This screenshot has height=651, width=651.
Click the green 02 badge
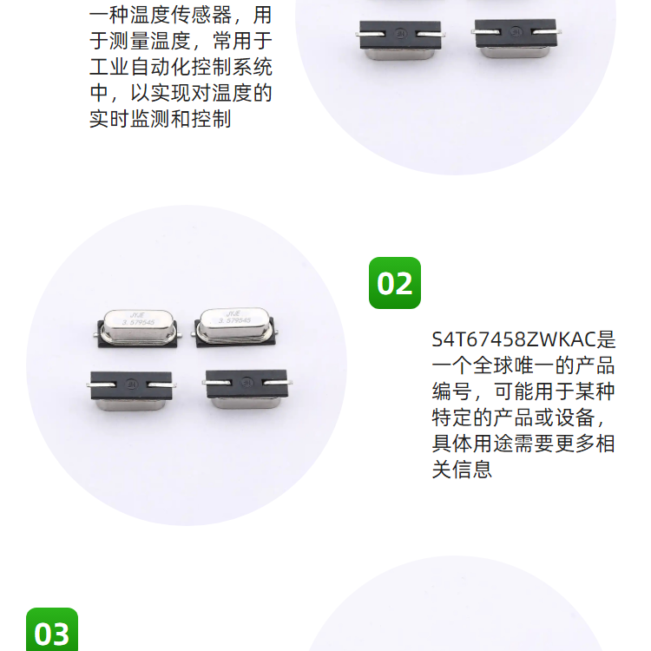(394, 283)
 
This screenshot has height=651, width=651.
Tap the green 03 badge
(52, 629)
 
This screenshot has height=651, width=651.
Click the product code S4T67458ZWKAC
(514, 339)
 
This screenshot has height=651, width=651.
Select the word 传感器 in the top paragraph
(201, 16)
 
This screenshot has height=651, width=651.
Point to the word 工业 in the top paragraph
(109, 67)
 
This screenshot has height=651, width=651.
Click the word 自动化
(161, 67)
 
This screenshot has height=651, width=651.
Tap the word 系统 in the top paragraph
(253, 67)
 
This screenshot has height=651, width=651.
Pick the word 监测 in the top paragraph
(150, 119)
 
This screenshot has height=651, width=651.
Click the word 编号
(452, 391)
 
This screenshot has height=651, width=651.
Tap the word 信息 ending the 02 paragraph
(472, 470)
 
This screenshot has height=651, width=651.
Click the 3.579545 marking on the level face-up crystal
(138, 322)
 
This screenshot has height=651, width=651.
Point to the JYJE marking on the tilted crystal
(233, 313)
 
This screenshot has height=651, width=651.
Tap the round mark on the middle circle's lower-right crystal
(247, 382)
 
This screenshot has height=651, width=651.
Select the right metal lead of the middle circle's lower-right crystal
(278, 383)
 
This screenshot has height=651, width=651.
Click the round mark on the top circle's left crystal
(401, 33)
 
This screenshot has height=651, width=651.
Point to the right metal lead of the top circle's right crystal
(547, 31)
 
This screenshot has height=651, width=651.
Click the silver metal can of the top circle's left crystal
(400, 54)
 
